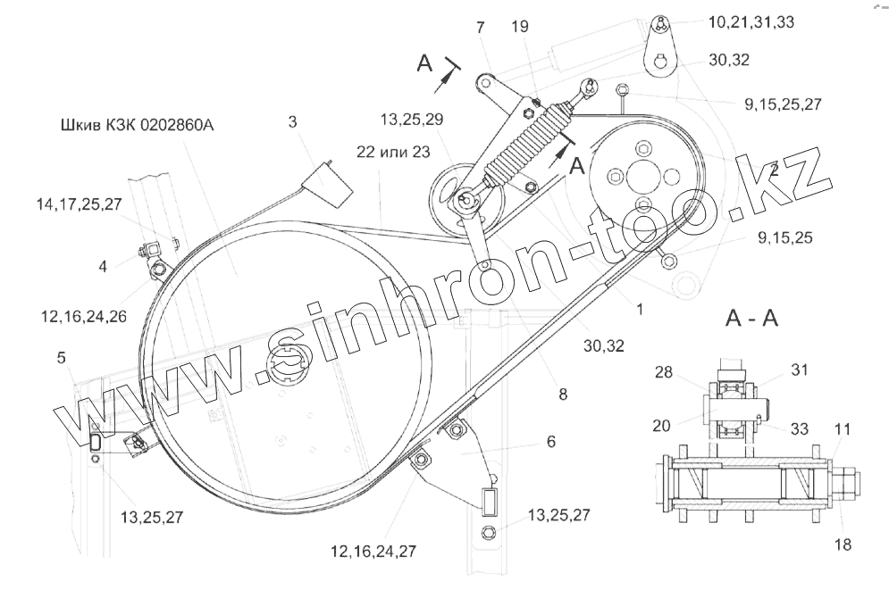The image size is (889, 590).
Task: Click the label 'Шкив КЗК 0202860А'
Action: click(137, 125)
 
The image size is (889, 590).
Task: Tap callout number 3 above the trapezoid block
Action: click(292, 121)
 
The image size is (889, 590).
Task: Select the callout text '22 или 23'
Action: click(393, 152)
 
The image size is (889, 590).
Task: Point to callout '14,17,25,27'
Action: click(79, 204)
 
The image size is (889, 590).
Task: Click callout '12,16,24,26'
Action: click(84, 316)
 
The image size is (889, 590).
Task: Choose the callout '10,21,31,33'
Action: click(751, 22)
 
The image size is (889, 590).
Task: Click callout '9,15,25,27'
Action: click(783, 104)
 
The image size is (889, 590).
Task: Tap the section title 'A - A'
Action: click(751, 319)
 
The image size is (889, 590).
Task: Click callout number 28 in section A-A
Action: click(664, 372)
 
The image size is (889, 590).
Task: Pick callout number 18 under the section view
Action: click(843, 544)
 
